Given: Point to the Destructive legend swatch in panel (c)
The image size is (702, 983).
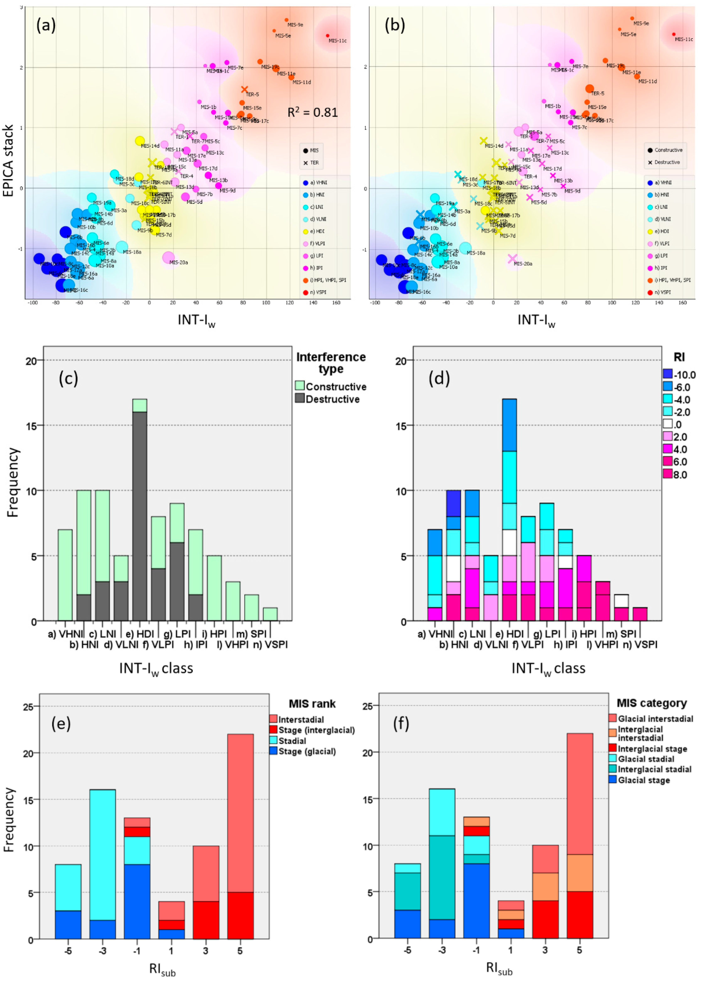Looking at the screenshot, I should (300, 398).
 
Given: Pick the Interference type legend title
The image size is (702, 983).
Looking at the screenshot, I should (331, 363).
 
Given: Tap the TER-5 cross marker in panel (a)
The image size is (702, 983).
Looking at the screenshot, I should (244, 90).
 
